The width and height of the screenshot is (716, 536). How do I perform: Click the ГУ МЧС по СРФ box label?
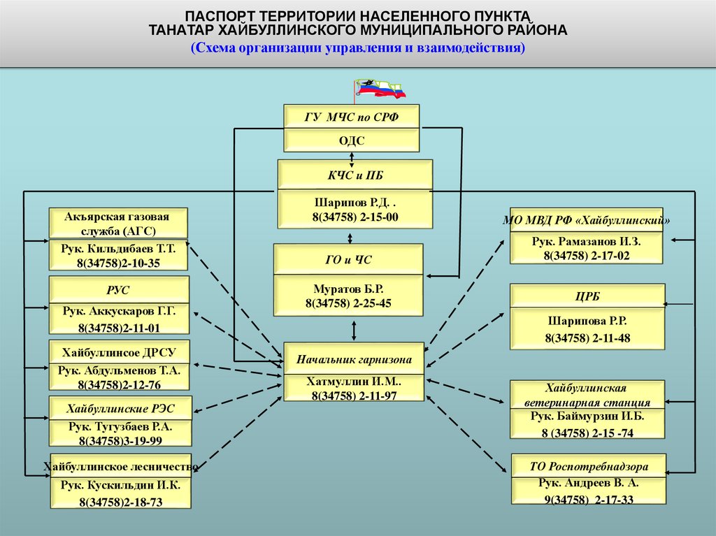pyautogui.click(x=352, y=117)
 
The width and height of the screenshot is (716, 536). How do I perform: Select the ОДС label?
pyautogui.click(x=352, y=140)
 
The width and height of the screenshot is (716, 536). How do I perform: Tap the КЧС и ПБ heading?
pyautogui.click(x=355, y=174)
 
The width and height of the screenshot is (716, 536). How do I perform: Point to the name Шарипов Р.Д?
pyautogui.click(x=356, y=203)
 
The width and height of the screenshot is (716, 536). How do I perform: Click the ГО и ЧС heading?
pyautogui.click(x=349, y=260)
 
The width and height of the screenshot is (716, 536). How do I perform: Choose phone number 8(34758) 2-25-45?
pyautogui.click(x=348, y=303)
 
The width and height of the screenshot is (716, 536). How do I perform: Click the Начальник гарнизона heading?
pyautogui.click(x=354, y=360)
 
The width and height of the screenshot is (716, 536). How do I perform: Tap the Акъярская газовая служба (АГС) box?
pyautogui.click(x=119, y=223)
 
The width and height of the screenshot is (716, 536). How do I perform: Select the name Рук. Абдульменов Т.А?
pyautogui.click(x=119, y=370)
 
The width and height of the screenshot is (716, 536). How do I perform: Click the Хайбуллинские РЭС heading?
pyautogui.click(x=120, y=408)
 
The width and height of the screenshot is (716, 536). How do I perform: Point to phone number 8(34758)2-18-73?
pyautogui.click(x=120, y=502)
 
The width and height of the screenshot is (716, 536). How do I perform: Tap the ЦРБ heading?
pyautogui.click(x=586, y=296)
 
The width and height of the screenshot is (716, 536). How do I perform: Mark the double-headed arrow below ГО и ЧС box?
pyautogui.click(x=355, y=329)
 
